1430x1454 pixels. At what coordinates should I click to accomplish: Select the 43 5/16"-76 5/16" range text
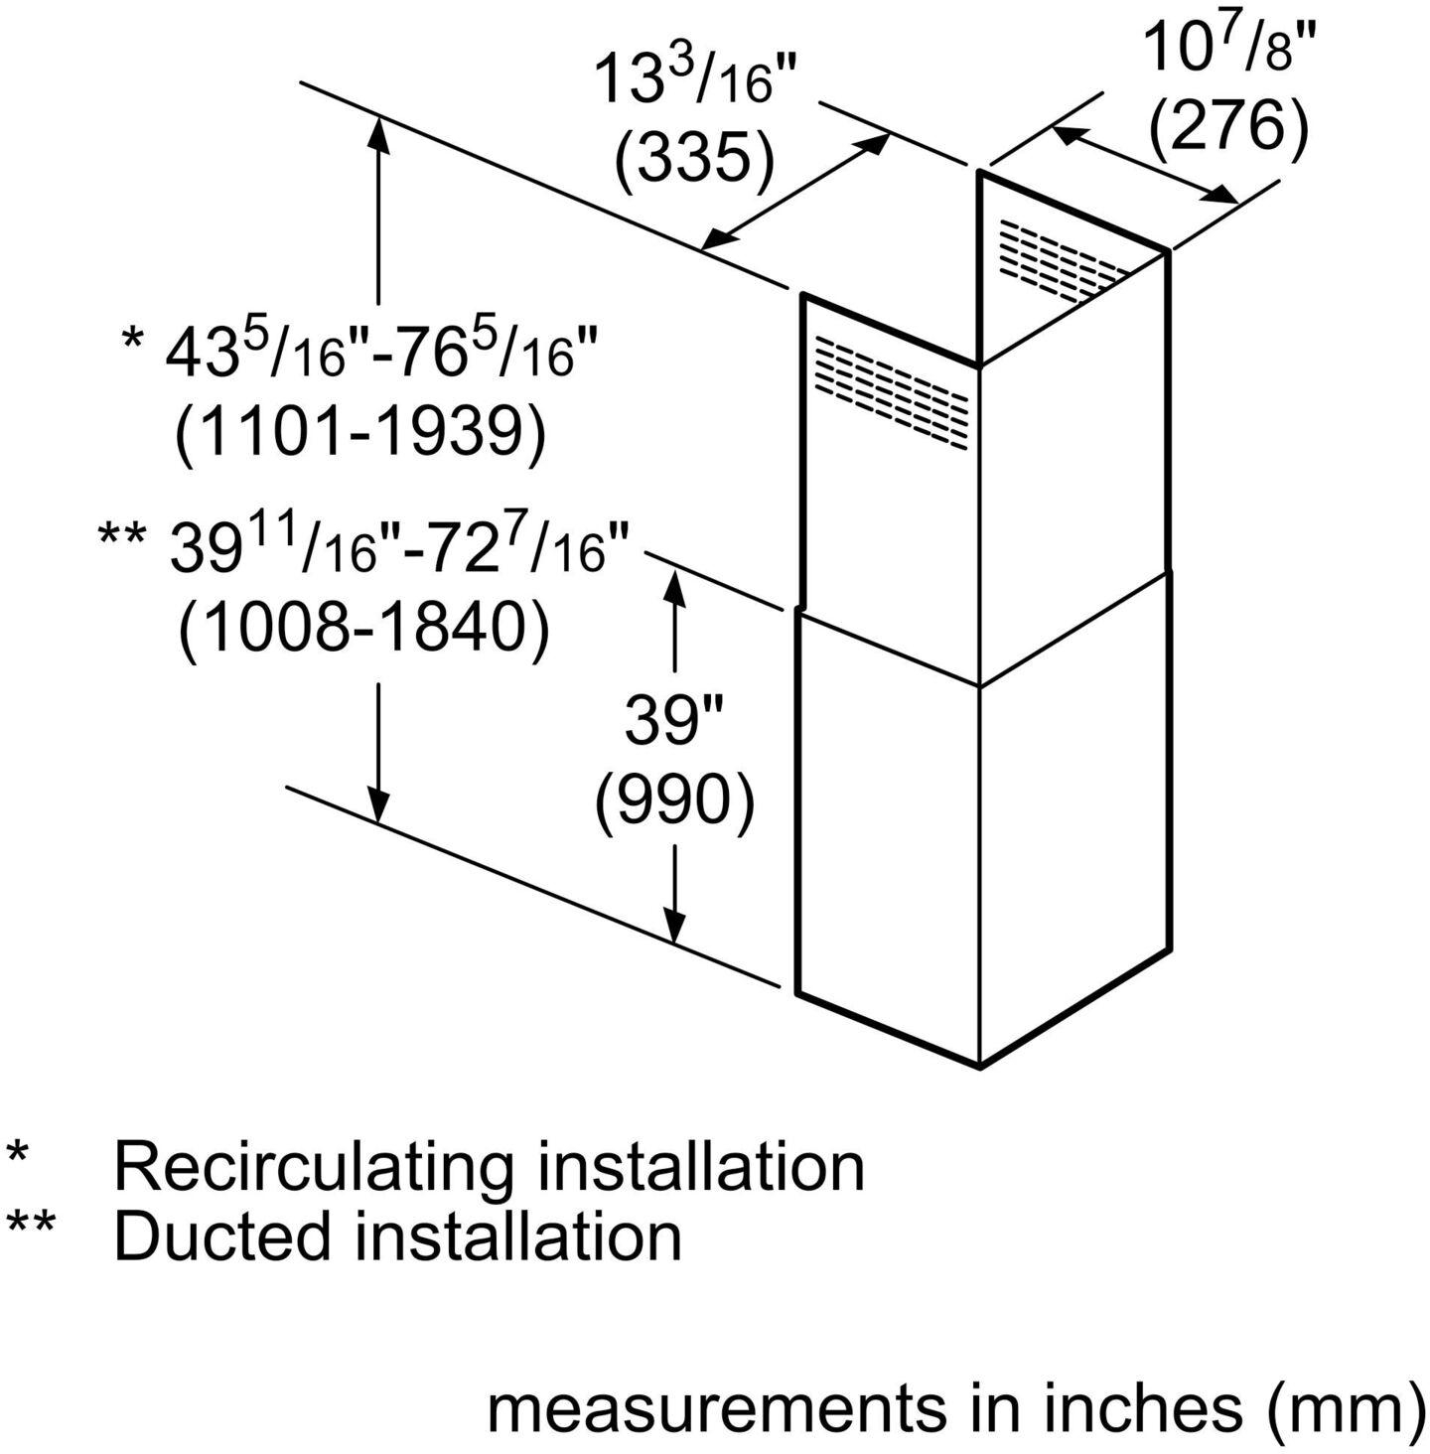pos(382,354)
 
